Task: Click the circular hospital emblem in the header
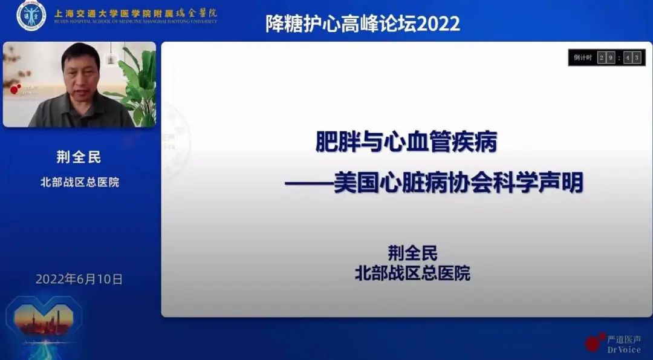pos(31,15)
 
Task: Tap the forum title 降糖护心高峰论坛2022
pos(363,24)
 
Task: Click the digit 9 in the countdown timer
pos(611,57)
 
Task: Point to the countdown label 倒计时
pos(582,57)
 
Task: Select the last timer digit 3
pos(637,57)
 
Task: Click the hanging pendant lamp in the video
pos(111,58)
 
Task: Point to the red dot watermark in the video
pos(15,90)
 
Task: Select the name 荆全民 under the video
pos(79,158)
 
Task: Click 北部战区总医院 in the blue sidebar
pos(79,182)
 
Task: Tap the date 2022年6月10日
pos(79,279)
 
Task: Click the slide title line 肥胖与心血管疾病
pos(406,143)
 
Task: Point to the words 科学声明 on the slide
pos(542,183)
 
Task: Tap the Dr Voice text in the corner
pos(623,350)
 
